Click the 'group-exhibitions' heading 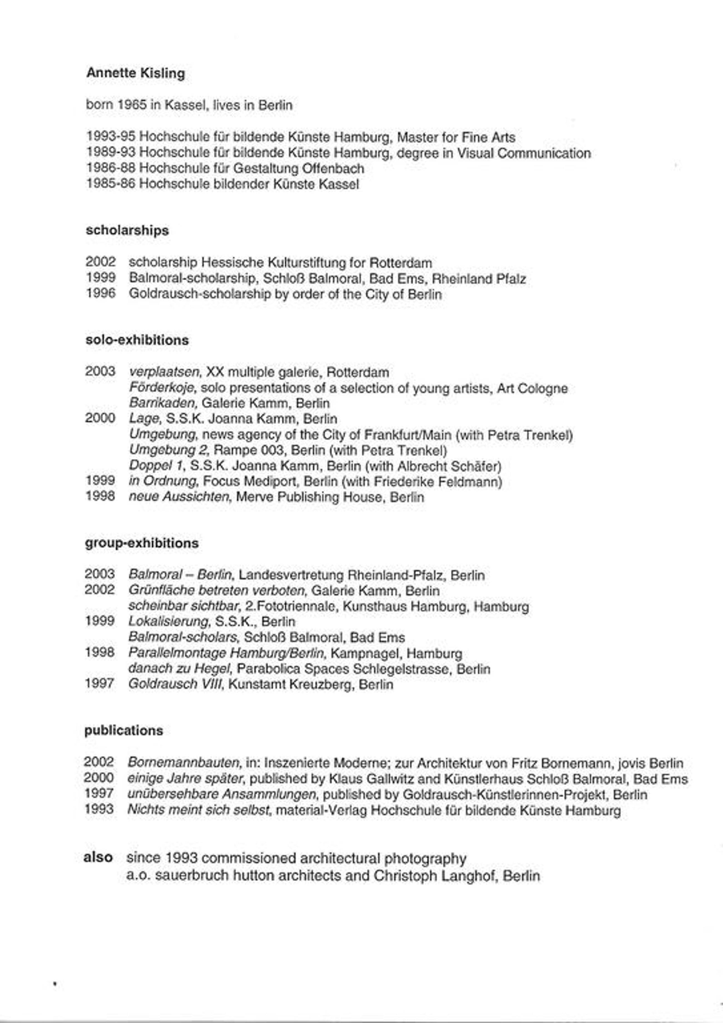click(142, 543)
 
